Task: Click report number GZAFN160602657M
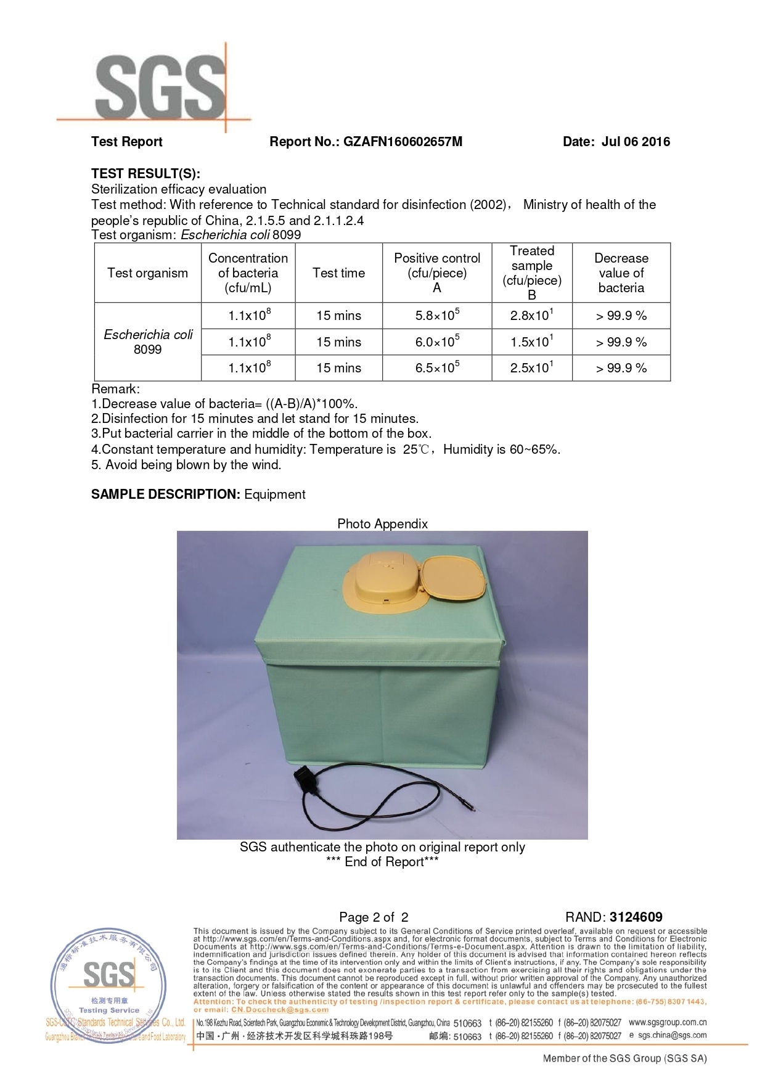click(x=403, y=142)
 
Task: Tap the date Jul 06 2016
click(x=636, y=142)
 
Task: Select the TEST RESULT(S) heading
click(x=145, y=173)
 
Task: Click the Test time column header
click(x=338, y=273)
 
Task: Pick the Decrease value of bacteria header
click(x=621, y=273)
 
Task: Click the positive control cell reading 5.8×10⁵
click(x=437, y=316)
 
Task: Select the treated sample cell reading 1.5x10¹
click(x=531, y=342)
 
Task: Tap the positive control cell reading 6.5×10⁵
click(x=437, y=368)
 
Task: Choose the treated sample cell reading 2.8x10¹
click(x=531, y=316)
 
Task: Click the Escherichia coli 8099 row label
click(x=148, y=342)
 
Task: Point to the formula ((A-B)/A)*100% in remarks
click(x=311, y=404)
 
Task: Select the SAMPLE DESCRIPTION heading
click(x=165, y=494)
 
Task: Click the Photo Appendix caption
click(x=382, y=524)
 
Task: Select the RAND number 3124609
click(x=636, y=917)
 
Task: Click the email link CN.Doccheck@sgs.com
click(x=280, y=1010)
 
